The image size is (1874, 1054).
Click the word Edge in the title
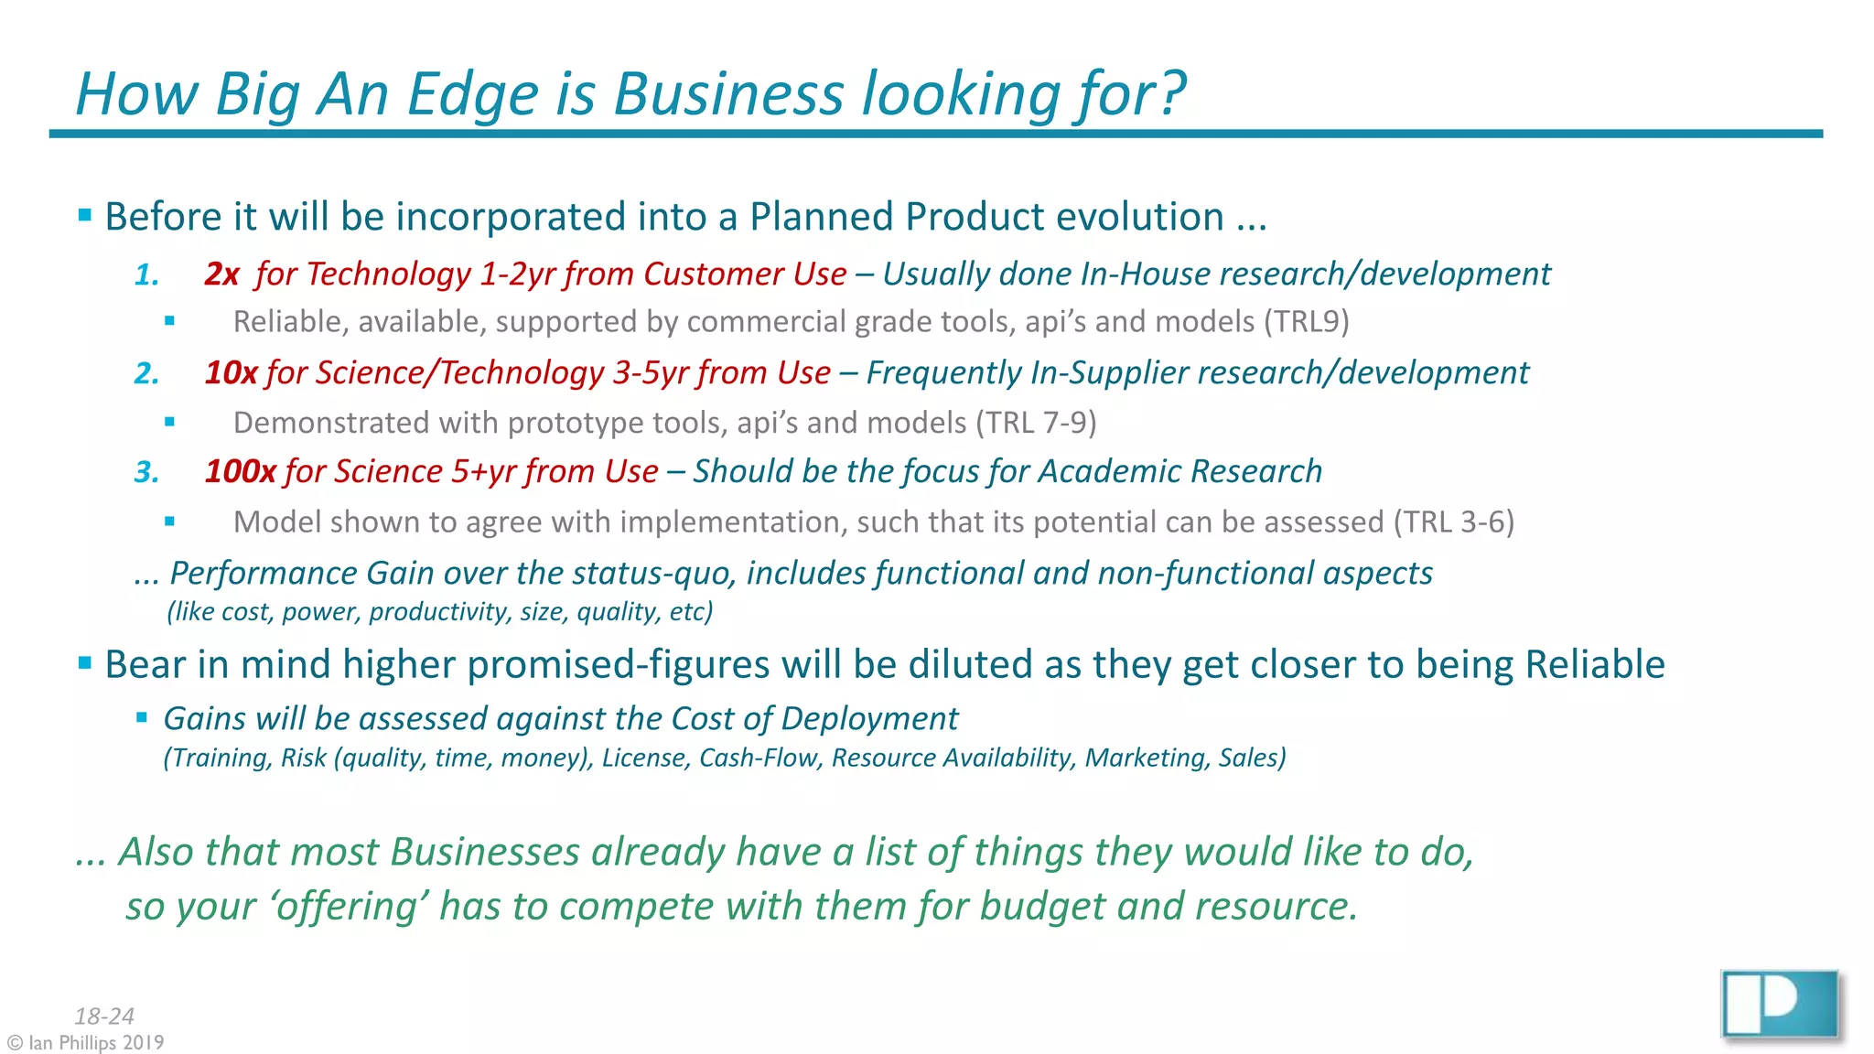[472, 94]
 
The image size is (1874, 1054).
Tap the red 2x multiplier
[221, 274]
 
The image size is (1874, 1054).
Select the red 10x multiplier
[231, 372]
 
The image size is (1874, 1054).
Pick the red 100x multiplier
[240, 471]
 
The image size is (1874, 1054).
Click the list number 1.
[146, 274]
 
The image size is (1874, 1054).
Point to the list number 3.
[146, 472]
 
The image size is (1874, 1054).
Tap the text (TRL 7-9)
[1036, 423]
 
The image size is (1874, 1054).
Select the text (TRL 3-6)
[1454, 522]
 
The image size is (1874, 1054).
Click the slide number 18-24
[104, 1016]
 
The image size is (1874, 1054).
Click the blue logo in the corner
[1780, 1005]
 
